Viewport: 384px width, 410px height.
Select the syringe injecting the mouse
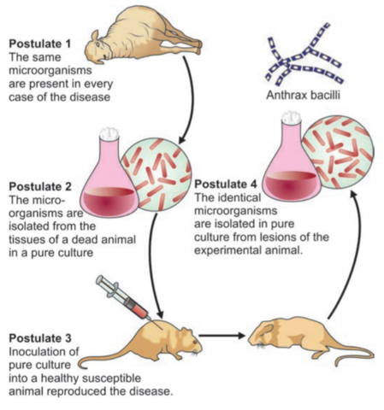123,297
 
